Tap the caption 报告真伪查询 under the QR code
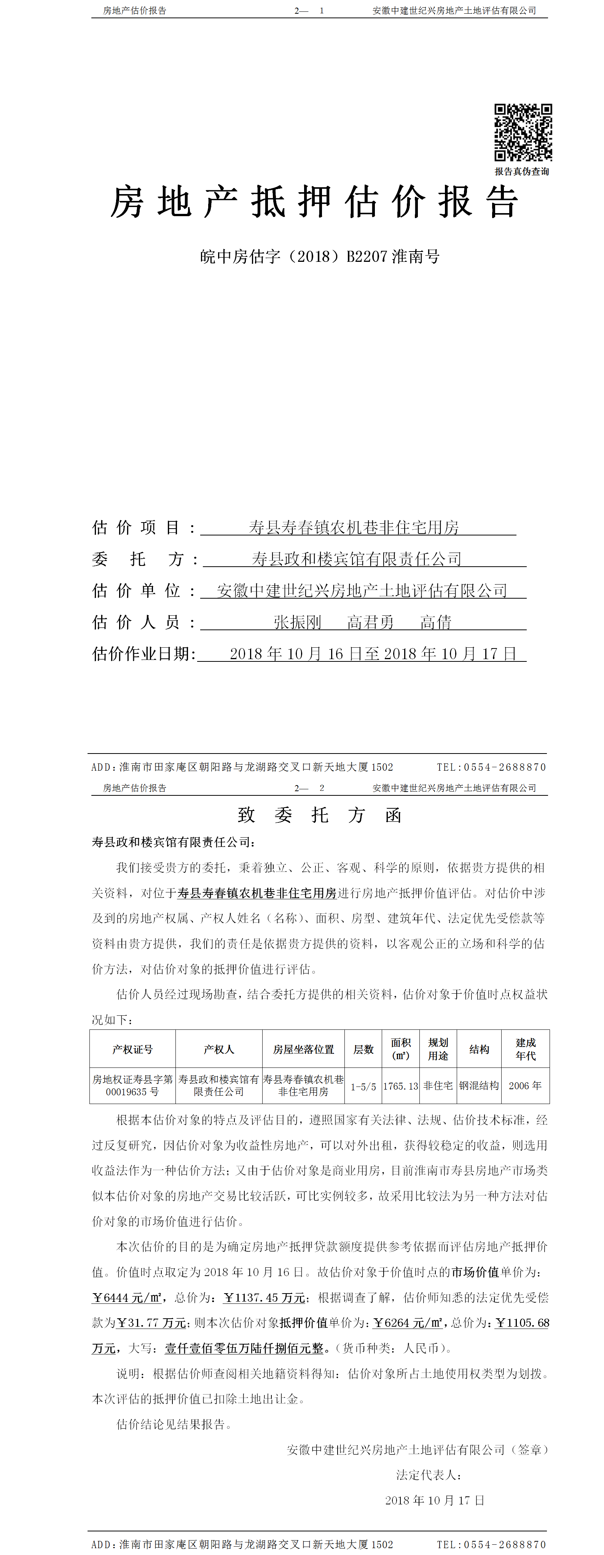522,171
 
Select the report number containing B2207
320,257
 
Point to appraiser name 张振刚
298,622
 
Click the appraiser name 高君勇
370,622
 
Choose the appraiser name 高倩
436,622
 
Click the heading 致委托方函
319,816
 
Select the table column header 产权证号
132,1050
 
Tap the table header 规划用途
438,1049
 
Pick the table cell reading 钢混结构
479,1085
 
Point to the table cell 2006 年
525,1085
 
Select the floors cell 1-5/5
363,1087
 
